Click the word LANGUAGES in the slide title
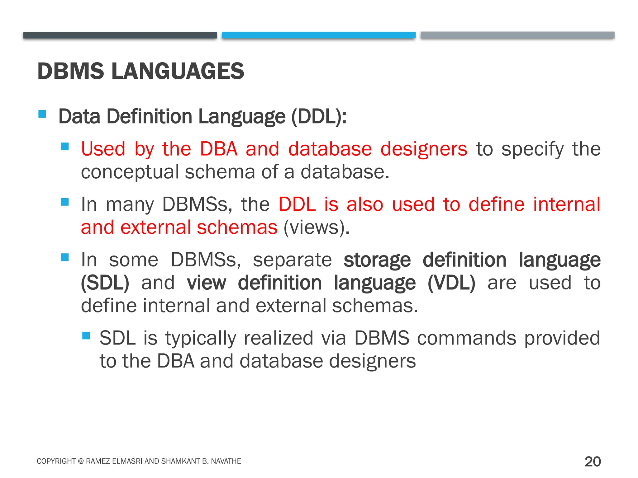178,71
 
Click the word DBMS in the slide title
71,71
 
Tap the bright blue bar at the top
319,35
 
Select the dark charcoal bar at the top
120,35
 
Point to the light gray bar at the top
517,35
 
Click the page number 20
593,462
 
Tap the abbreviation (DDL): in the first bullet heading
319,117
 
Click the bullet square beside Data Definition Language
42,114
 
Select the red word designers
424,149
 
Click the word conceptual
130,172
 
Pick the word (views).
317,227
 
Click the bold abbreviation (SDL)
105,283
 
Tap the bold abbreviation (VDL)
451,283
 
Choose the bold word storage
377,260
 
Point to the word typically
200,338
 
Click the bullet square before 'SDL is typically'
86,335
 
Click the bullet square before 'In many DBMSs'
65,202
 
